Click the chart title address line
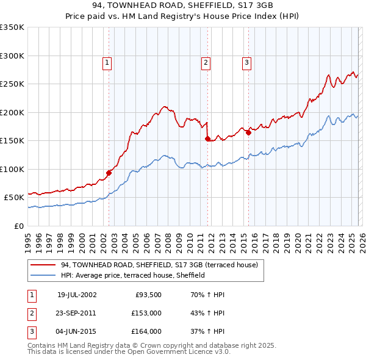pyautogui.click(x=183, y=6)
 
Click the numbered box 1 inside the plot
pyautogui.click(x=107, y=62)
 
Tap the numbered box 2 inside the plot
pyautogui.click(x=206, y=62)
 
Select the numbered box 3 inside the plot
pyautogui.click(x=246, y=62)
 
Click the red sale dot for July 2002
pyautogui.click(x=109, y=173)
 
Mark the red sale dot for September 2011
pyautogui.click(x=207, y=139)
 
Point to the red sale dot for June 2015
pyautogui.click(x=248, y=133)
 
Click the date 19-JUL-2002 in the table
pyautogui.click(x=77, y=295)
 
